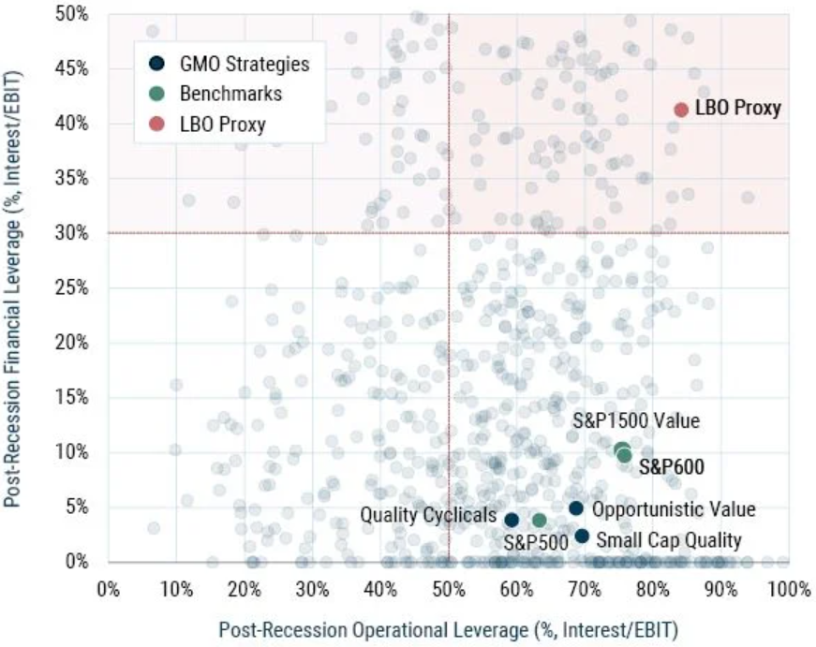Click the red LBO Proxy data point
681,110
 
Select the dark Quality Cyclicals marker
512,520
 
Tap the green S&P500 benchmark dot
540,520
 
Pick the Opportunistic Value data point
576,508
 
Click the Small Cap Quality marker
582,537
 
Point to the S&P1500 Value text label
637,421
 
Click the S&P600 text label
671,466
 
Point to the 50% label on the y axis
75,14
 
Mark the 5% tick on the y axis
79,507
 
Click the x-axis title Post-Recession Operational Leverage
448,629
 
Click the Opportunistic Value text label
675,510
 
